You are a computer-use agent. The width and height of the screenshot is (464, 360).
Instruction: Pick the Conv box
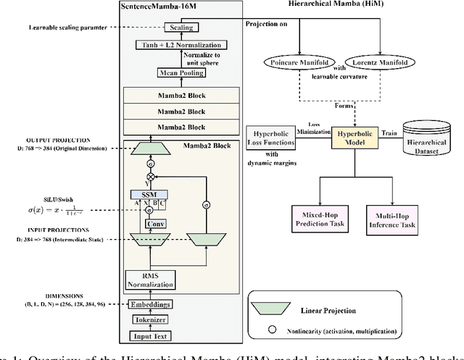(153, 224)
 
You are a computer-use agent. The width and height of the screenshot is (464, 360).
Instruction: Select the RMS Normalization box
(152, 277)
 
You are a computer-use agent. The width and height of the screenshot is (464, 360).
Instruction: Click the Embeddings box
(152, 305)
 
